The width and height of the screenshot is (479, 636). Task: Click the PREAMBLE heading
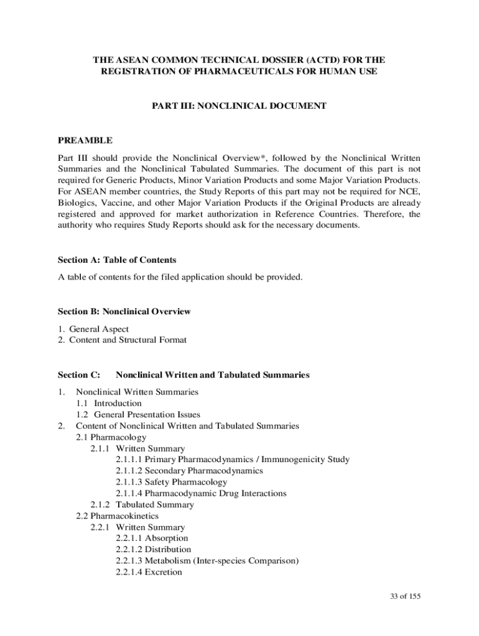click(x=85, y=140)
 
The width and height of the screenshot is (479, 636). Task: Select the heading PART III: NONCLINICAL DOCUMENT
click(x=239, y=106)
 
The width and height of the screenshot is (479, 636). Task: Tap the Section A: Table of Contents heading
click(x=117, y=260)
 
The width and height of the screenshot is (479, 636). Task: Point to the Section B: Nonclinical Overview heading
click(x=124, y=311)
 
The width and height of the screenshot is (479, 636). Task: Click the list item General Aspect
click(x=99, y=329)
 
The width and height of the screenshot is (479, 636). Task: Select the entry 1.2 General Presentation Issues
click(x=138, y=414)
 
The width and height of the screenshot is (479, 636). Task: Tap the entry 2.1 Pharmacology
click(x=111, y=437)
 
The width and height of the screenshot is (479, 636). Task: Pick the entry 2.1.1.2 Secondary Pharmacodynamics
click(x=188, y=471)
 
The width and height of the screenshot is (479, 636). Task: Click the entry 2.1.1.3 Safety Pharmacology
click(x=171, y=482)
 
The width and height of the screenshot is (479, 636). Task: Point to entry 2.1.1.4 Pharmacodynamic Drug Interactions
click(x=201, y=493)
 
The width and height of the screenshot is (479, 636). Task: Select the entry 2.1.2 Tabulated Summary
click(x=142, y=504)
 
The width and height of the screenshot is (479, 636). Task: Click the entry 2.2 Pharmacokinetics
click(x=117, y=516)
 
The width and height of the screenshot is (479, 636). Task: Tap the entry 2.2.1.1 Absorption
click(x=151, y=538)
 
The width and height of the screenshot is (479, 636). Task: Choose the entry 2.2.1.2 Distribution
click(x=153, y=549)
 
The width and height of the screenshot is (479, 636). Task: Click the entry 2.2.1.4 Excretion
click(x=149, y=572)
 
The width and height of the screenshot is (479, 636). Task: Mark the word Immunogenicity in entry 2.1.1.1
click(x=291, y=460)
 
